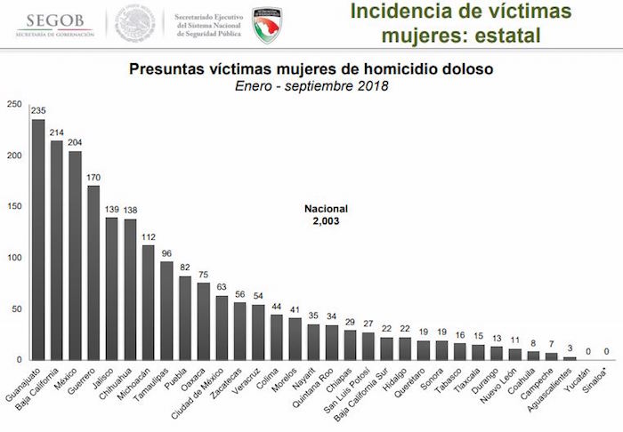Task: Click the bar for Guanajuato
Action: point(38,240)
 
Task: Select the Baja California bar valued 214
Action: point(57,251)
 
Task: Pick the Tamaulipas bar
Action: point(166,311)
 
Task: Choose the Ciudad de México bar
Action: point(222,328)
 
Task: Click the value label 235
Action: point(38,111)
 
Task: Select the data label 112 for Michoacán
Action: point(149,237)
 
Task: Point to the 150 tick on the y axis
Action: point(13,207)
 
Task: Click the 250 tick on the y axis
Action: point(13,105)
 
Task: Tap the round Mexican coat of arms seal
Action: point(134,24)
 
